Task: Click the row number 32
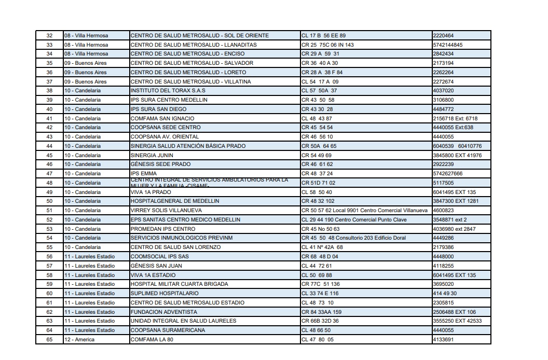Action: tap(49, 36)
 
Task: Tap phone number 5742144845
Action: tap(447, 45)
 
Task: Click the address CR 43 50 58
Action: tap(318, 100)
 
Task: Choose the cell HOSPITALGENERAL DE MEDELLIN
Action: tap(175, 201)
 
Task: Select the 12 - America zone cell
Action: tap(79, 340)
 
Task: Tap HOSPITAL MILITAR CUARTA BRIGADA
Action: tap(180, 284)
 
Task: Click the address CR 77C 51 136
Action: tap(320, 284)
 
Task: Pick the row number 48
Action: tap(49, 183)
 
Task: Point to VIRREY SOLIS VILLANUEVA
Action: tap(166, 211)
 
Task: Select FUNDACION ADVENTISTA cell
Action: tap(163, 312)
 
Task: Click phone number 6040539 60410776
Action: tap(457, 146)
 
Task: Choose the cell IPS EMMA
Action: tap(143, 174)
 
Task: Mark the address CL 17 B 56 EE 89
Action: tap(323, 36)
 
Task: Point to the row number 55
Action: tap(49, 247)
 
